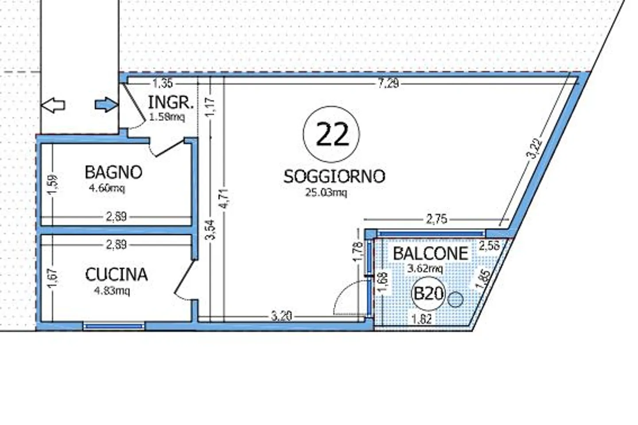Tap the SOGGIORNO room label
pos(334,176)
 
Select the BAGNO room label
pos(113,172)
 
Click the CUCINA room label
pos(116,274)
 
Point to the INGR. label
pos(171,103)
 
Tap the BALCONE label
pos(430,253)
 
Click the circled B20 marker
pos(428,294)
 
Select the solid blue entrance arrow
pos(107,105)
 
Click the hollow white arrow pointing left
pos(53,105)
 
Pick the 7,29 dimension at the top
pos(388,83)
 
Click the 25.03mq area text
pos(326,192)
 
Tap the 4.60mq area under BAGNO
pos(107,188)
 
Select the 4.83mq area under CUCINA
pos(112,291)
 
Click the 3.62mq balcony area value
pos(424,268)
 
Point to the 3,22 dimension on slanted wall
pos(534,149)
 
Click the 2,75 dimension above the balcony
pos(436,219)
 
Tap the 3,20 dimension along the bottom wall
pos(281,316)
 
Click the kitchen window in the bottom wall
pos(114,326)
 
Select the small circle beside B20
pos(455,300)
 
